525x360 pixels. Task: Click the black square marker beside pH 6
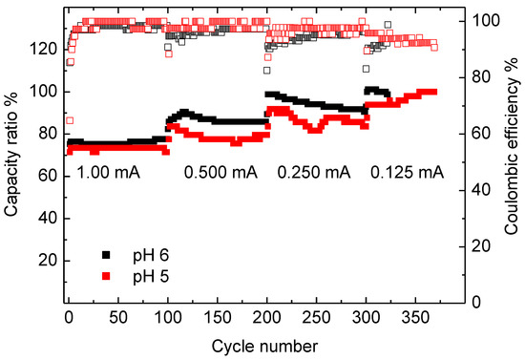click(x=108, y=255)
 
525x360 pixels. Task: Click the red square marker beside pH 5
click(x=108, y=275)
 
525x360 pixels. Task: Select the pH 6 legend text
click(x=145, y=255)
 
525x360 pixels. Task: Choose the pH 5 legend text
click(x=145, y=275)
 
